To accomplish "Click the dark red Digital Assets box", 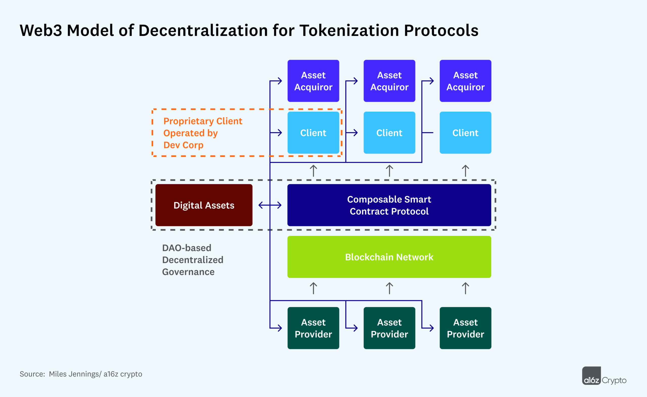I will [x=204, y=205].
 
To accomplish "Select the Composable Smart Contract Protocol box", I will [x=389, y=205].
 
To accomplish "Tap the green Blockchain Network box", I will [x=389, y=257].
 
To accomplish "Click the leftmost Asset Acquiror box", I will [x=313, y=81].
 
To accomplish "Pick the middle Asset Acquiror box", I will [x=389, y=81].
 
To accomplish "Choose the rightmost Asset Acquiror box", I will [x=465, y=81].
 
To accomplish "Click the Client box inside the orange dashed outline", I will [x=313, y=133].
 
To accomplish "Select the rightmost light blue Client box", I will [x=465, y=133].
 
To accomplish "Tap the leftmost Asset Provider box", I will [x=313, y=328].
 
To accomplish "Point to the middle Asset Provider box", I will [x=389, y=328].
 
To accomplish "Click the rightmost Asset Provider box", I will [x=465, y=328].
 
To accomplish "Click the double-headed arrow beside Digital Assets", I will [x=270, y=205].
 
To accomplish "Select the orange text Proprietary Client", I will [x=203, y=121].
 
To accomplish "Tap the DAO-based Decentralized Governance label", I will [x=193, y=260].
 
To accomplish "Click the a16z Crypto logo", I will [x=604, y=376].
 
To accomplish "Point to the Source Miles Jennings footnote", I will [x=81, y=374].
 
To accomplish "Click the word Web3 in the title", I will [x=41, y=31].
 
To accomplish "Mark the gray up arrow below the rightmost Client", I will [x=465, y=171].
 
